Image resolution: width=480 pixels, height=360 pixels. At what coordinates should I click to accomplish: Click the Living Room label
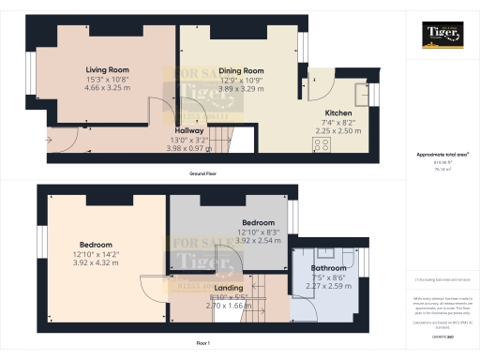pos(108,70)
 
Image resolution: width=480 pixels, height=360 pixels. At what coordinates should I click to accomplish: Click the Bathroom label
pos(327,268)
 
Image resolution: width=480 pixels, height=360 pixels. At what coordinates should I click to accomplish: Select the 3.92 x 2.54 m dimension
pos(232,240)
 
